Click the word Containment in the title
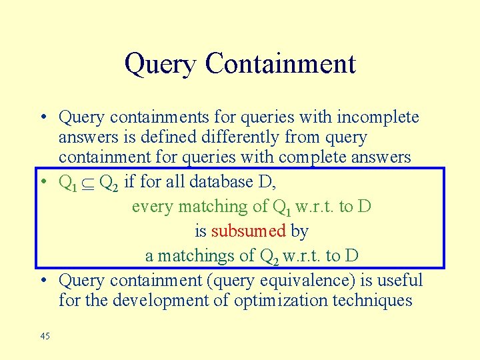(280, 64)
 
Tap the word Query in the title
(161, 65)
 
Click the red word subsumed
(249, 231)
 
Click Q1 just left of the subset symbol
(68, 182)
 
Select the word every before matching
(151, 207)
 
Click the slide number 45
(45, 337)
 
